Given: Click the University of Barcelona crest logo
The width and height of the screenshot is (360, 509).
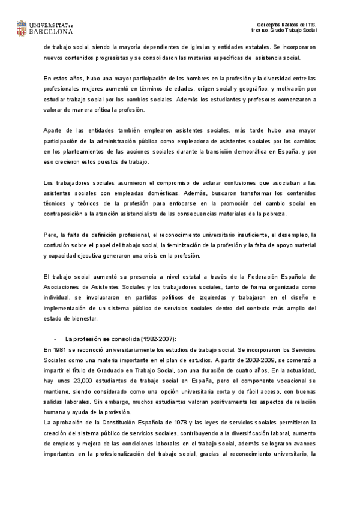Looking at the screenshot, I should (x=22, y=28).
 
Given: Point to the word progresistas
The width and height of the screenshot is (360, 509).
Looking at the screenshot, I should (x=108, y=58).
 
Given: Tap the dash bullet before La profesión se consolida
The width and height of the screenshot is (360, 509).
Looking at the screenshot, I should (x=55, y=339).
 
